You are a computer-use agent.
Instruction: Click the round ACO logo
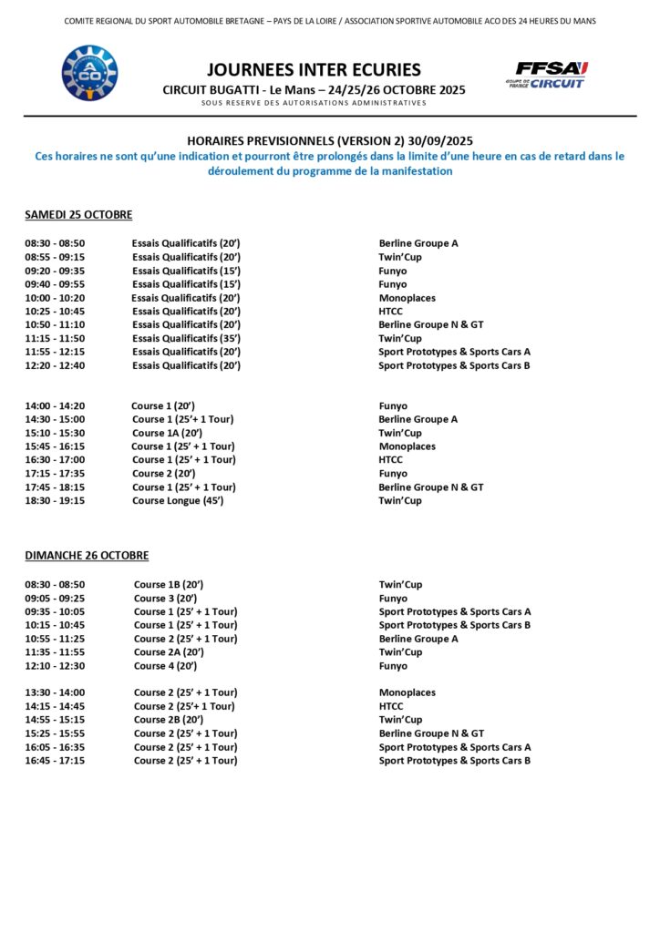click(x=89, y=73)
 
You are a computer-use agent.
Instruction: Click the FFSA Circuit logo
click(x=547, y=74)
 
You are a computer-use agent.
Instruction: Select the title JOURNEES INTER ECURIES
click(x=314, y=69)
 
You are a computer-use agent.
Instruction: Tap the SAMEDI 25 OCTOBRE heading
click(x=78, y=215)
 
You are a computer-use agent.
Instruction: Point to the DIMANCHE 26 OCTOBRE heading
click(x=87, y=556)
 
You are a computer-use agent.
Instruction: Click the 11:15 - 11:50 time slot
click(x=55, y=338)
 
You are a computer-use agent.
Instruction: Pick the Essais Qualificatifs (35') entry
click(x=185, y=338)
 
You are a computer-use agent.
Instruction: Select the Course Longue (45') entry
click(x=178, y=500)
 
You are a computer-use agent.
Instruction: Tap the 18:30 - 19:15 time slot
click(x=55, y=500)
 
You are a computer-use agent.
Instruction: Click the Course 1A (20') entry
click(x=167, y=433)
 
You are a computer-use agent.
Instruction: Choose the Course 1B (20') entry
click(x=169, y=585)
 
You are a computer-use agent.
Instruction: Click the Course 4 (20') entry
click(x=166, y=666)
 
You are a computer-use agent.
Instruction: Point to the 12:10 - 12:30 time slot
click(x=55, y=666)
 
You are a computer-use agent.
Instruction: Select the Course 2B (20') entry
click(x=169, y=720)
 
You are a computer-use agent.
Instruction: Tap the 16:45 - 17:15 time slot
click(x=55, y=760)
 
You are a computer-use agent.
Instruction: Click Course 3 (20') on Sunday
click(x=166, y=599)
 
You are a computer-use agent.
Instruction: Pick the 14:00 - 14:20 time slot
click(x=55, y=406)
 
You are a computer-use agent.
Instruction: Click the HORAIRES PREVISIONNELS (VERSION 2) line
click(x=329, y=141)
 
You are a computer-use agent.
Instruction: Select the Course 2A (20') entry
click(x=169, y=652)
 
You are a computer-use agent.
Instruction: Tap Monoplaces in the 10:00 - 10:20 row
click(x=407, y=298)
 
